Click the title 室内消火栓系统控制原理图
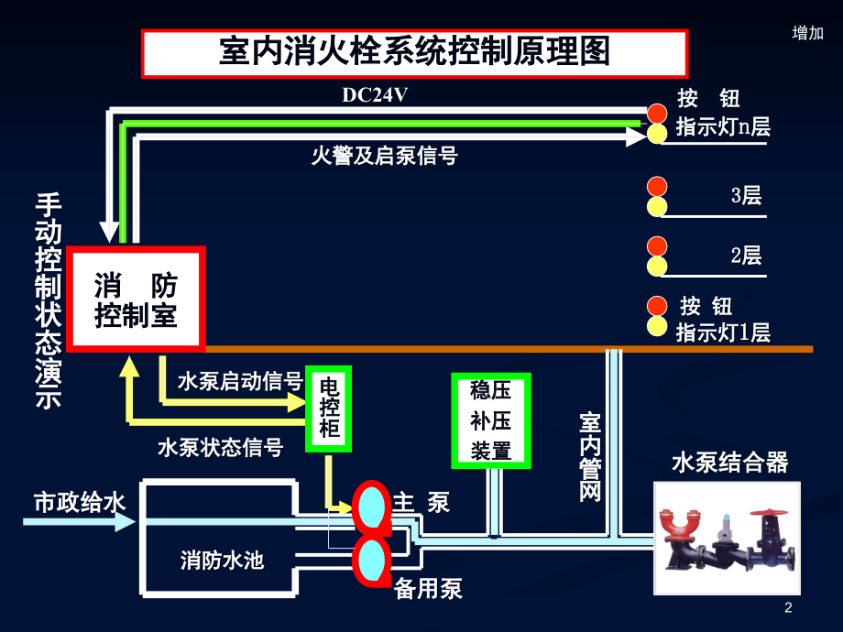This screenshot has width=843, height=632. [414, 53]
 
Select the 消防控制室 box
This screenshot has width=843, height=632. [136, 299]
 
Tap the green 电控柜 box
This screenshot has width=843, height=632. [328, 409]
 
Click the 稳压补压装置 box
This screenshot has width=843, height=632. [491, 420]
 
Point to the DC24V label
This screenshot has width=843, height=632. [375, 95]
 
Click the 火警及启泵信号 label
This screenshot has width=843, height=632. [385, 156]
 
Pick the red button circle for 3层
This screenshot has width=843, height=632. [657, 187]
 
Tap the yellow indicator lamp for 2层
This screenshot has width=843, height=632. [657, 266]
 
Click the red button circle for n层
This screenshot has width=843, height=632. [657, 114]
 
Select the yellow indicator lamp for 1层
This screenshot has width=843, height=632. [657, 326]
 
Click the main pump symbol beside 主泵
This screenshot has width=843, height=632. [372, 507]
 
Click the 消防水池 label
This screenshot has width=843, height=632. [222, 560]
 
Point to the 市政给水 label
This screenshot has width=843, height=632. [80, 503]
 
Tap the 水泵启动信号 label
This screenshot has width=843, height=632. [240, 381]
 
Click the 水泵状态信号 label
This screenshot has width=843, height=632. [221, 447]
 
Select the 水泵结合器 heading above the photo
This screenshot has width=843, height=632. [730, 463]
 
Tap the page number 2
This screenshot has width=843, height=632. [788, 608]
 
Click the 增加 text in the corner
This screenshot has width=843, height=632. [808, 33]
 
